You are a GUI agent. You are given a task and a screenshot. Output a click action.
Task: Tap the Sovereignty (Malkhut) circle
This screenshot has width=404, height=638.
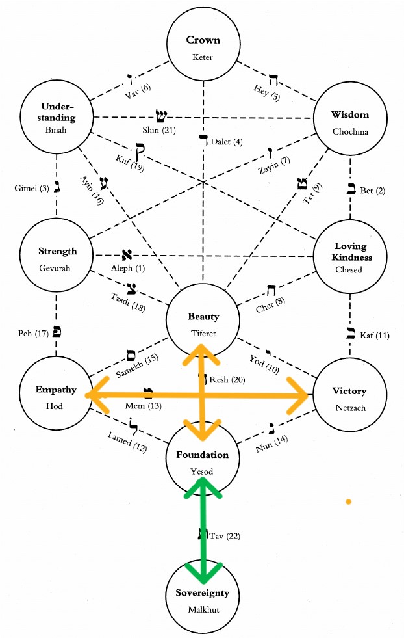(x=203, y=598)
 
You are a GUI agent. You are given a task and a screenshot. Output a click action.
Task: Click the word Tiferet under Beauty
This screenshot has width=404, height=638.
(x=203, y=334)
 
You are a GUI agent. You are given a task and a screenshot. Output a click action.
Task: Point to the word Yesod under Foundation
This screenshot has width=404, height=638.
(x=203, y=472)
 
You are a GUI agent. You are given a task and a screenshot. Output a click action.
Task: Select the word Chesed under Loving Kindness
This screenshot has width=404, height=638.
(x=351, y=269)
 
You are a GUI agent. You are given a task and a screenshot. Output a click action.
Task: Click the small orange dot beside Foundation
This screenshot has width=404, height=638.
(x=349, y=501)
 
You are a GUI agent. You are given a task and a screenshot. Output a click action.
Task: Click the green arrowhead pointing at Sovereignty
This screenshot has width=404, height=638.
(x=203, y=573)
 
